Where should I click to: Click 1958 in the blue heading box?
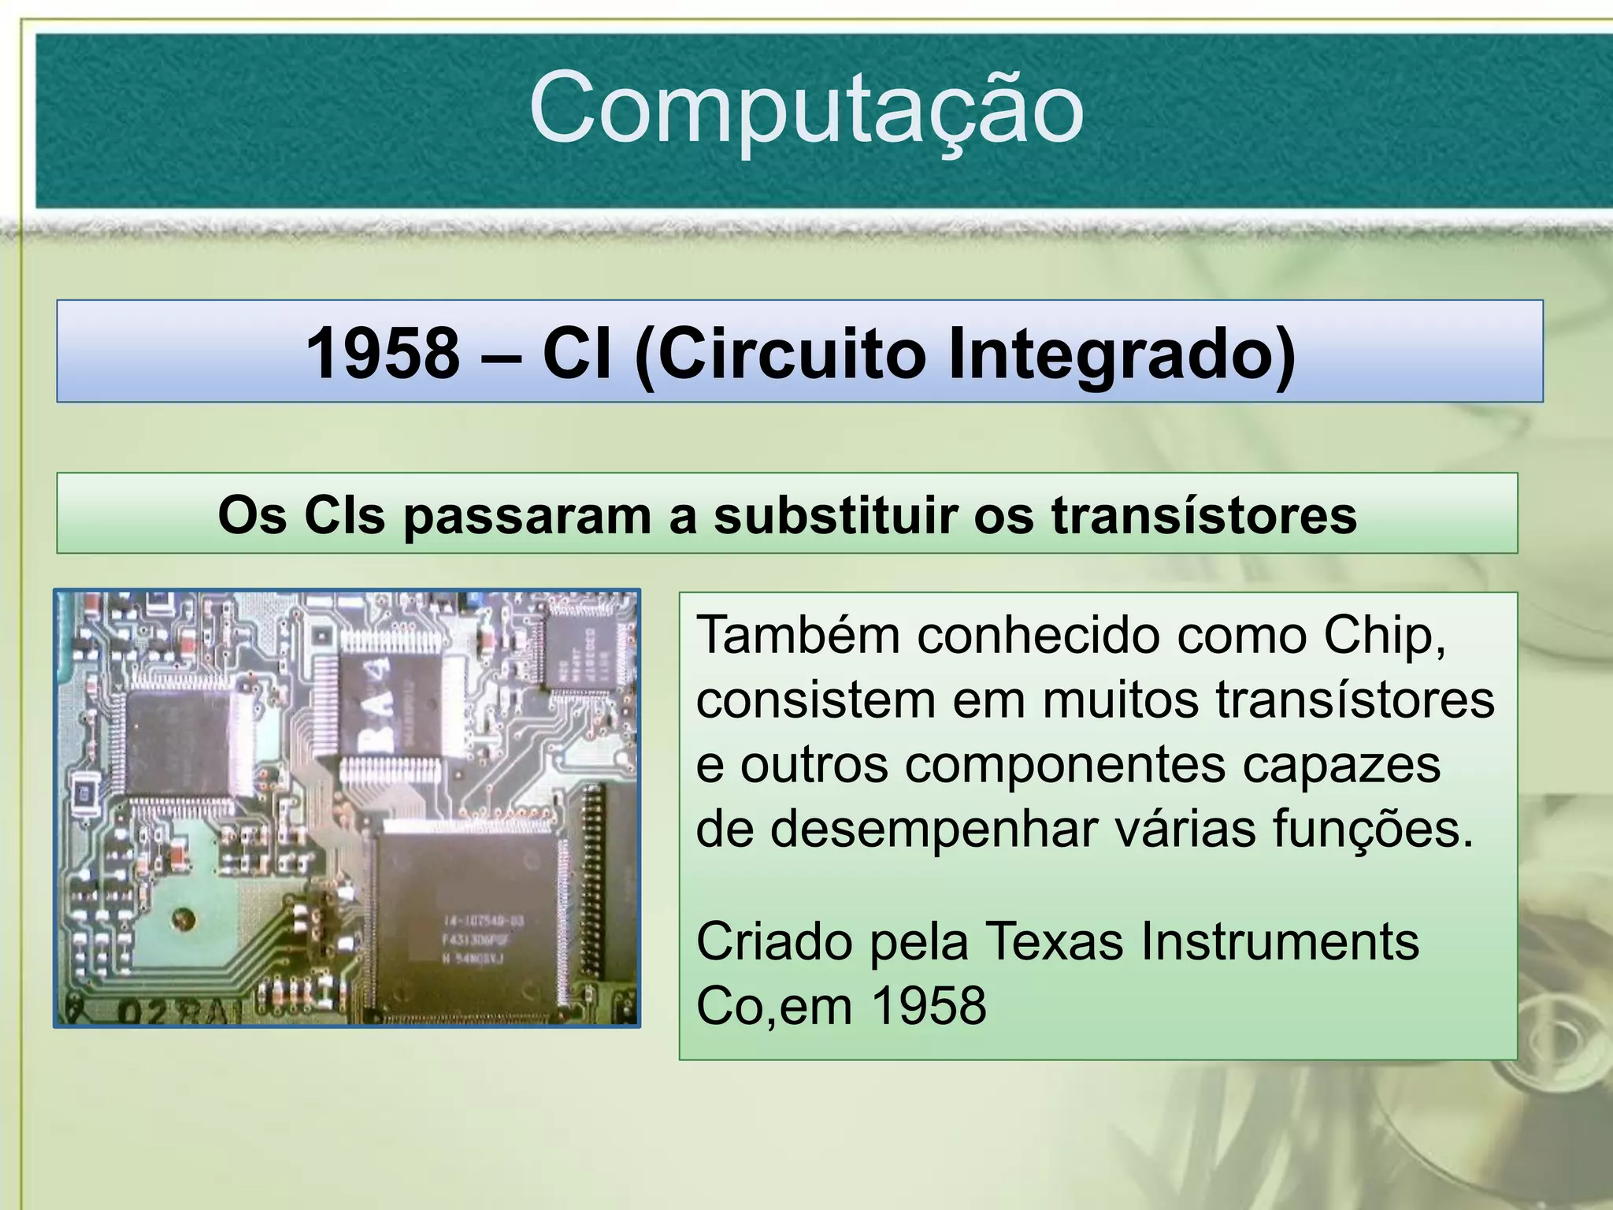tap(383, 353)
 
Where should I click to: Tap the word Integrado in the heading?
tap(1122, 353)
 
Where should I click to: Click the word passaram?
tap(527, 516)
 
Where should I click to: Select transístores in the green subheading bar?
tap(1204, 516)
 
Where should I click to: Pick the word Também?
tap(797, 635)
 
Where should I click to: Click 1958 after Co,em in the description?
tap(929, 1006)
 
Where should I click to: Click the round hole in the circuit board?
tap(184, 918)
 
